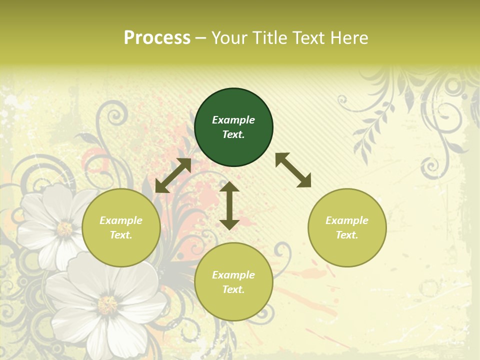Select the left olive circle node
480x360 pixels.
point(121,227)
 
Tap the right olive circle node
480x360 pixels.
point(347,227)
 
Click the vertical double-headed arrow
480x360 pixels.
point(229,205)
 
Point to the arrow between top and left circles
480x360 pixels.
point(173,175)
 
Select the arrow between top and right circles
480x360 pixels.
point(293,170)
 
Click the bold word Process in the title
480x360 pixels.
point(157,37)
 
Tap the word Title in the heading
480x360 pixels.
point(268,37)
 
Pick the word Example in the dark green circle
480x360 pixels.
point(233,120)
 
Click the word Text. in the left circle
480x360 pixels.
point(121,235)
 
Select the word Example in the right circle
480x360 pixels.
point(347,220)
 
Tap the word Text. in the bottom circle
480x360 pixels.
point(233,289)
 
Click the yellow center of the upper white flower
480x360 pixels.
point(64,229)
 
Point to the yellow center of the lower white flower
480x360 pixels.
point(107,304)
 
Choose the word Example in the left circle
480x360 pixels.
point(121,220)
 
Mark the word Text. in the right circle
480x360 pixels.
point(347,235)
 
